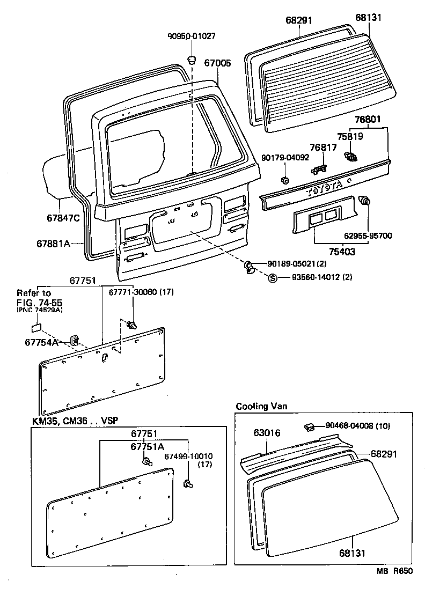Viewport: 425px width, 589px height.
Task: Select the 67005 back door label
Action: click(217, 63)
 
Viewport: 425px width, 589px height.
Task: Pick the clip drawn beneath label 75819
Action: click(351, 157)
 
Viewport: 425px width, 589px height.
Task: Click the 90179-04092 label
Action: click(285, 158)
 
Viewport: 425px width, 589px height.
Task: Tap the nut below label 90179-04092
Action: click(286, 179)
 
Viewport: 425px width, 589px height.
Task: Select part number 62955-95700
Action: click(368, 235)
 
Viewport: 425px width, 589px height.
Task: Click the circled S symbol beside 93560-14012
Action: click(272, 277)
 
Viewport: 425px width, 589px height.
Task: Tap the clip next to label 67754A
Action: click(74, 340)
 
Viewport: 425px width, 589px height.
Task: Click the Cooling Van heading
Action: click(261, 406)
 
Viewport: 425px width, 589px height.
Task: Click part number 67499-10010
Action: click(188, 457)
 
